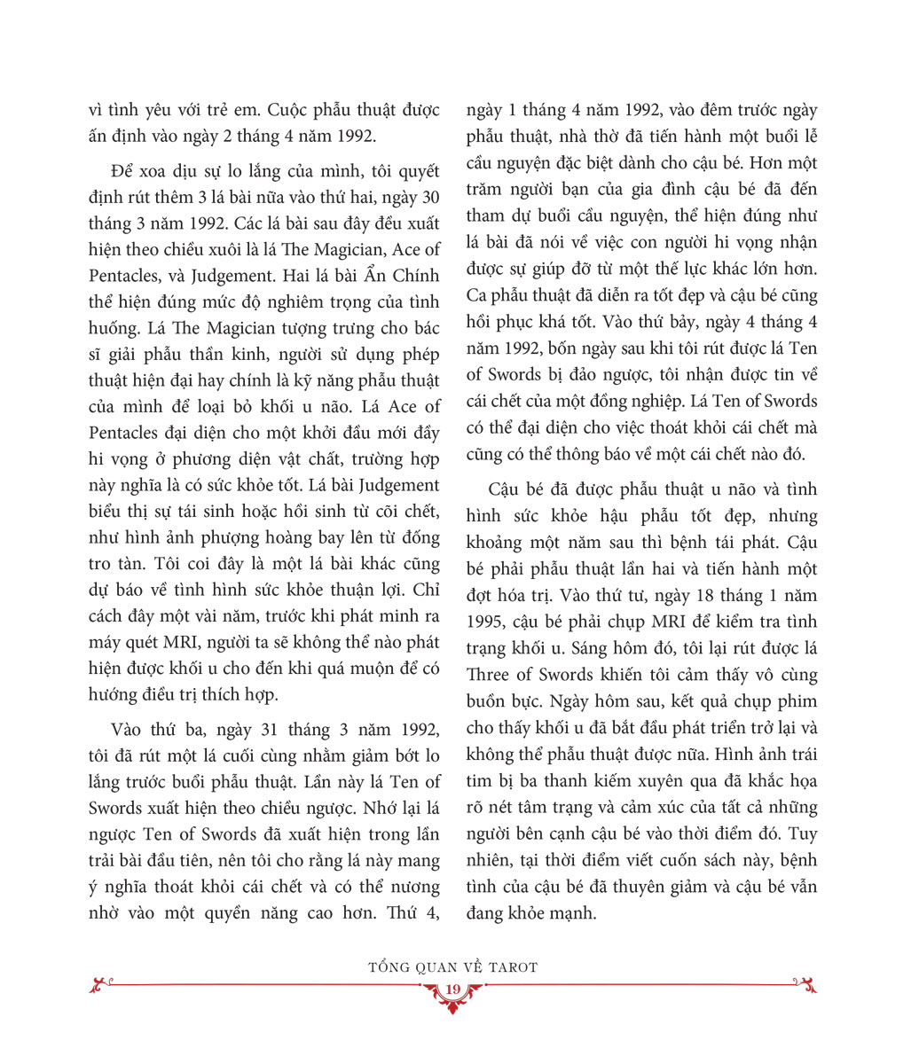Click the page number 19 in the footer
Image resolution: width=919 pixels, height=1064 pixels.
[452, 990]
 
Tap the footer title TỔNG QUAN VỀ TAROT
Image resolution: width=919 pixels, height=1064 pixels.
[452, 966]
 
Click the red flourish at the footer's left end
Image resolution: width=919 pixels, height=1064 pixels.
[102, 983]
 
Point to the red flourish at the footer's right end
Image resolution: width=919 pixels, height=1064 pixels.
[805, 983]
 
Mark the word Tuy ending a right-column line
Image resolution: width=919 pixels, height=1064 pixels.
[803, 833]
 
